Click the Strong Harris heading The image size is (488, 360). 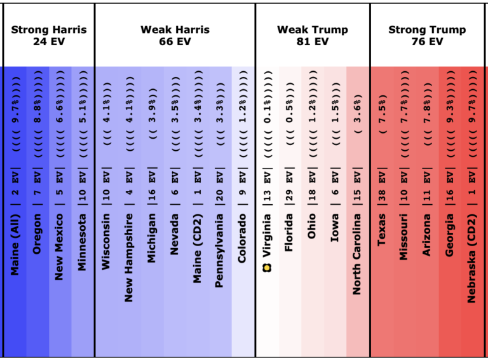pyautogui.click(x=49, y=36)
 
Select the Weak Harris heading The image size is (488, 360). pyautogui.click(x=175, y=36)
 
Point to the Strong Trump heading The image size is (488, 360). pyautogui.click(x=427, y=36)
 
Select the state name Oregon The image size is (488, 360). pyautogui.click(x=37, y=234)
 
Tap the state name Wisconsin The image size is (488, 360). pyautogui.click(x=105, y=241)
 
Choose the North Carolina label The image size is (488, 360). pyautogui.click(x=357, y=253)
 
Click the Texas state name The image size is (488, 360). pyautogui.click(x=381, y=229)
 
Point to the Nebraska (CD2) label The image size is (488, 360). pyautogui.click(x=471, y=258)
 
